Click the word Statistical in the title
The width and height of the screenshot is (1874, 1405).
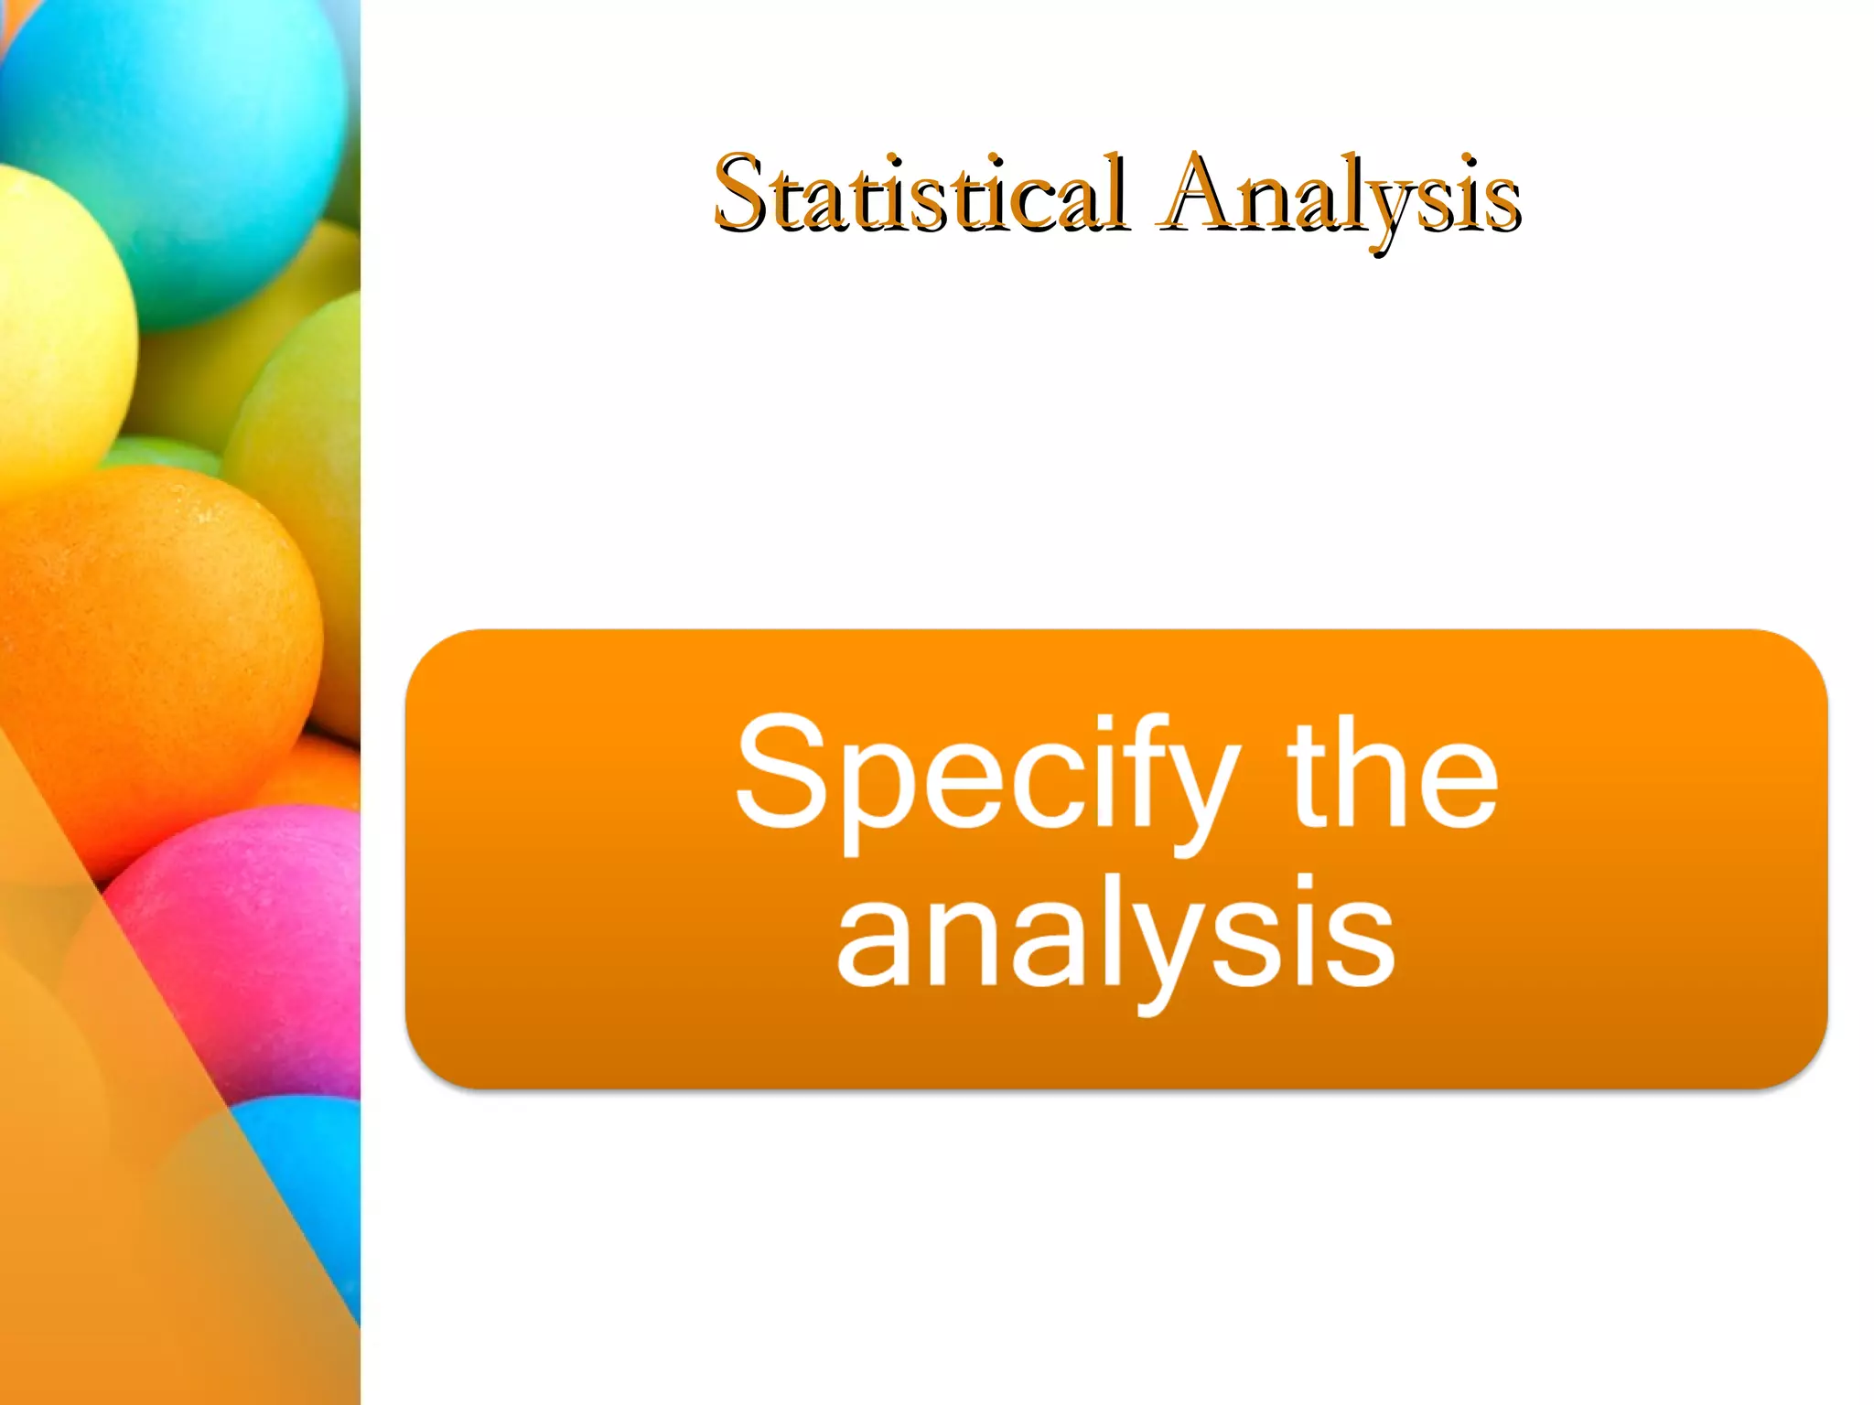(x=920, y=194)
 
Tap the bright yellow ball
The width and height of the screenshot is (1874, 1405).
(x=55, y=338)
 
